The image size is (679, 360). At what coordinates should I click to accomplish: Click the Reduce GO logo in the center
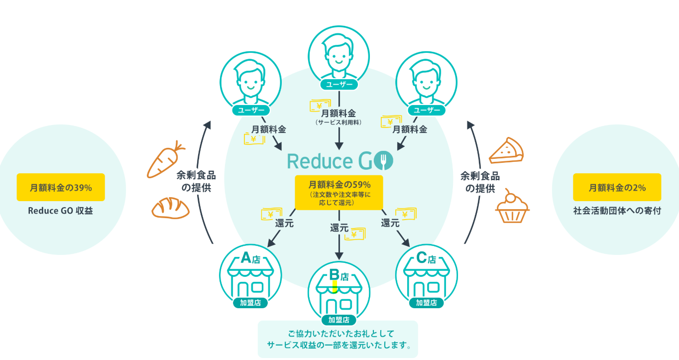[340, 161]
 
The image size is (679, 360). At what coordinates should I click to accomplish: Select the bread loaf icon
[170, 208]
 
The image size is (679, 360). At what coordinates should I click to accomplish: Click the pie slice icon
[506, 151]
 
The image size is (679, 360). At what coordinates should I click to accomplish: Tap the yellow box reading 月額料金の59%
[339, 192]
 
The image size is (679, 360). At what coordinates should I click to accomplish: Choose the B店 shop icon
[339, 291]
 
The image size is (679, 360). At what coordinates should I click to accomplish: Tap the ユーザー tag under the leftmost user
[251, 110]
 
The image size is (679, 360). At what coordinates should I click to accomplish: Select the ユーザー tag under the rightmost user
[427, 110]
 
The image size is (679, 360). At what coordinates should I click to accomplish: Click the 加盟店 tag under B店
[339, 320]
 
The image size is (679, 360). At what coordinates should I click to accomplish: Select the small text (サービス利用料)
[339, 122]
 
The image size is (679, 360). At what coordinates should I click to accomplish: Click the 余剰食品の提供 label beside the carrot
[196, 182]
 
